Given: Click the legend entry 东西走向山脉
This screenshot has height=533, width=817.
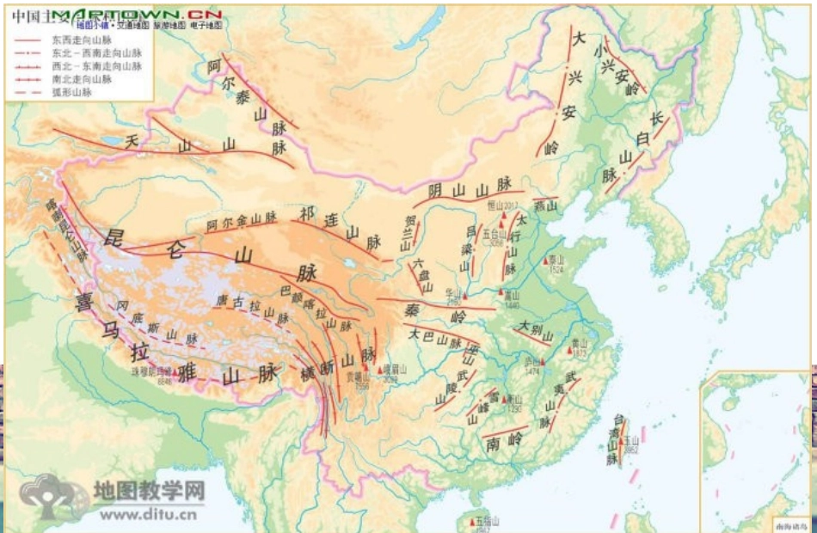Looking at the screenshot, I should coord(86,40).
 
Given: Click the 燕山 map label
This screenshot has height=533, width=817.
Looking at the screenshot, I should coord(545,205).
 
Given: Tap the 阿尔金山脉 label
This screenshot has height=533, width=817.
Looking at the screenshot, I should coord(242,220).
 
